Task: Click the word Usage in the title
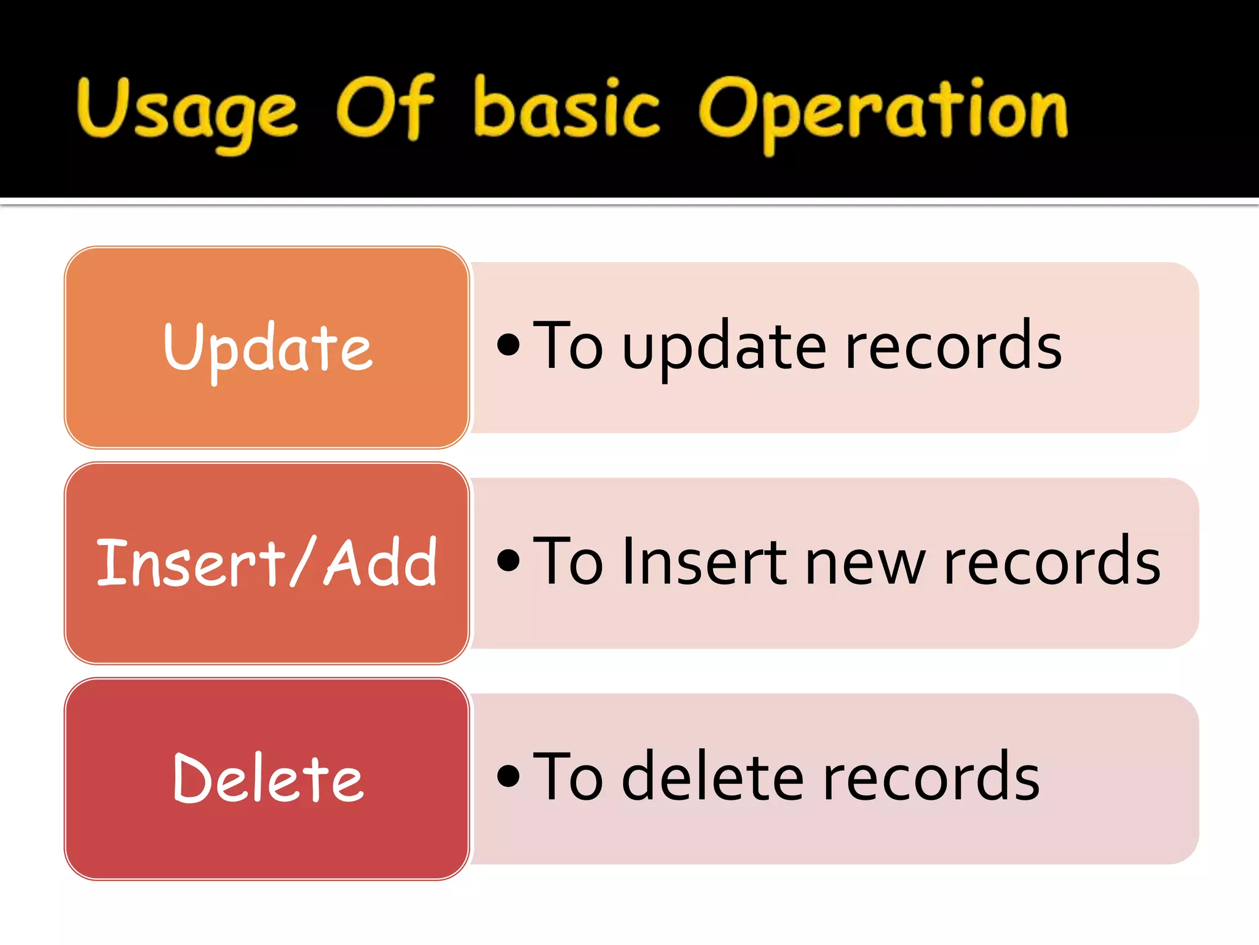(x=187, y=111)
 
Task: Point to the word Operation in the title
(x=883, y=111)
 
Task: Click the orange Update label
(x=267, y=348)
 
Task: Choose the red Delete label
(x=267, y=779)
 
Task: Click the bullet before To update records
(x=508, y=345)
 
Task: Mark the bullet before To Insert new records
(x=508, y=560)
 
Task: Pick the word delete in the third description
(x=712, y=776)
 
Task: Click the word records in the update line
(x=953, y=347)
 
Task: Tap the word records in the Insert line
(x=1052, y=562)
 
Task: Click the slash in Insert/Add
(x=303, y=561)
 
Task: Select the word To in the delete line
(x=567, y=776)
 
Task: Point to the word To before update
(x=567, y=346)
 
